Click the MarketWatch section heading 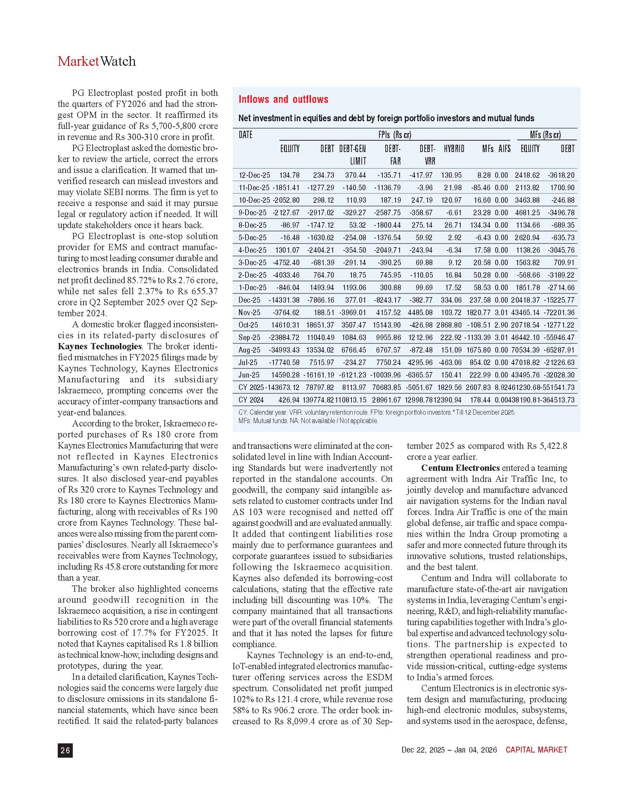(97, 61)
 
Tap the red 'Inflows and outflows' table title (283, 99)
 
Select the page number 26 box (65, 750)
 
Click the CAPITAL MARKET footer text (536, 750)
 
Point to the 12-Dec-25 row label (254, 175)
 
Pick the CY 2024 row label (251, 400)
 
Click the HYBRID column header (454, 149)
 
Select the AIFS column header (504, 149)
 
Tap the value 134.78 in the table (289, 175)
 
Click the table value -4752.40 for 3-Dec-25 (286, 262)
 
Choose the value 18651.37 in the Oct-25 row (320, 325)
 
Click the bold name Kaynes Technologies (100, 346)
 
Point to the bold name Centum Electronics (460, 468)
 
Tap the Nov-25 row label (249, 312)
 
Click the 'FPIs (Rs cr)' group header (395, 135)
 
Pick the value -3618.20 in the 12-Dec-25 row (562, 175)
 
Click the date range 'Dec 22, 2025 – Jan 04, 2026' (449, 750)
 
